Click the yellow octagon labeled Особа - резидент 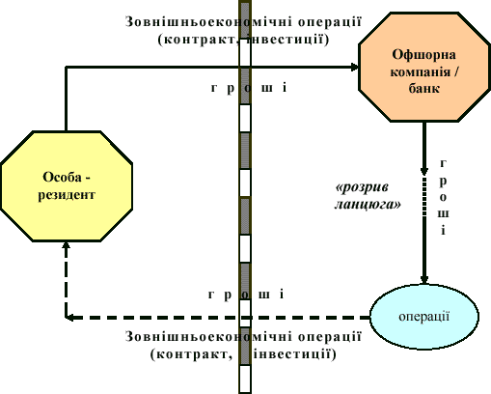coord(67,186)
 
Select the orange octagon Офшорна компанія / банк coord(424,67)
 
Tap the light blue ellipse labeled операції coord(424,317)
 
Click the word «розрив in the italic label coord(362,187)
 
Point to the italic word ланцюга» coord(368,205)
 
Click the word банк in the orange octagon coord(424,88)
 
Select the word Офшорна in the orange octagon coord(423,55)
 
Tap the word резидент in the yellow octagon coord(67,195)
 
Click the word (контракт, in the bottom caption coord(192,354)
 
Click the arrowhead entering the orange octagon coord(355,67)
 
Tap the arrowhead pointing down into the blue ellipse coord(424,280)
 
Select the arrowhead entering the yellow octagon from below coord(67,245)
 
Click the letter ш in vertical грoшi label coord(443,214)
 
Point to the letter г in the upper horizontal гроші coord(214,87)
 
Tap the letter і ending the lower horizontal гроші coord(282,294)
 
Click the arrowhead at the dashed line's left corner coord(69,318)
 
